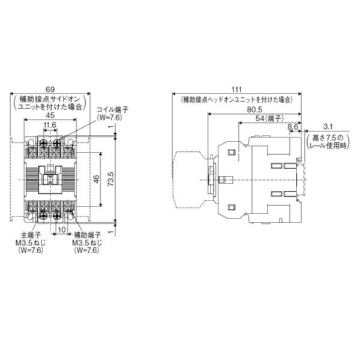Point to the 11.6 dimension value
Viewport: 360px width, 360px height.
pos(50,125)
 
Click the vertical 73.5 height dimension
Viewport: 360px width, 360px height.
pos(110,178)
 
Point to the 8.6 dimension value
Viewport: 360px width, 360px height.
pos(292,127)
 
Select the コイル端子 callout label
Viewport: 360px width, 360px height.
pos(113,110)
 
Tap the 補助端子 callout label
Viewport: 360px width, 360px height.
pos(87,236)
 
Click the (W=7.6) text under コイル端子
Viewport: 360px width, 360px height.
pos(110,118)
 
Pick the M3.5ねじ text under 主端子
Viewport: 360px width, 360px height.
pos(27,243)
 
